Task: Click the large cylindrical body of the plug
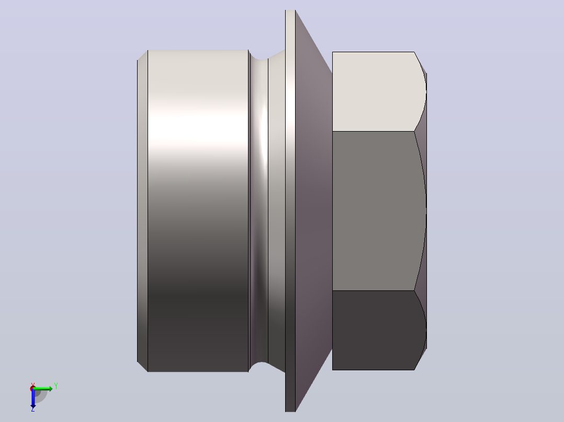(x=198, y=211)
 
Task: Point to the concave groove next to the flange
(x=258, y=211)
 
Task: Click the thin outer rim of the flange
(x=290, y=211)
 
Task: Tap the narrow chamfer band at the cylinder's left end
(x=142, y=211)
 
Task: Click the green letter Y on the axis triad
(x=56, y=386)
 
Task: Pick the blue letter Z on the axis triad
(x=33, y=409)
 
